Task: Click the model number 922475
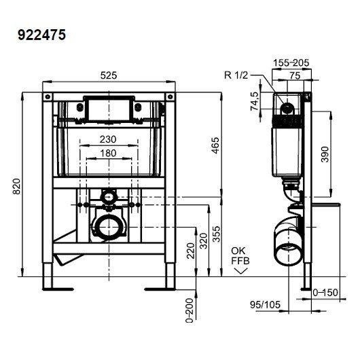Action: (x=42, y=35)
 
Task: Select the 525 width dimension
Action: (x=109, y=75)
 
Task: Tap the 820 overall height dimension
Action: (x=17, y=186)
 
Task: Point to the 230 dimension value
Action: (x=108, y=139)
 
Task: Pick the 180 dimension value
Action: (x=109, y=153)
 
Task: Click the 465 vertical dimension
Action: (x=215, y=145)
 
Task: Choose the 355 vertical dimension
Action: (x=216, y=234)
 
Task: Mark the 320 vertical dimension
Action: (x=203, y=241)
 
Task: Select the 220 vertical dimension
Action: (x=191, y=251)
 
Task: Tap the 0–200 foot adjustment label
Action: (x=190, y=310)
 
